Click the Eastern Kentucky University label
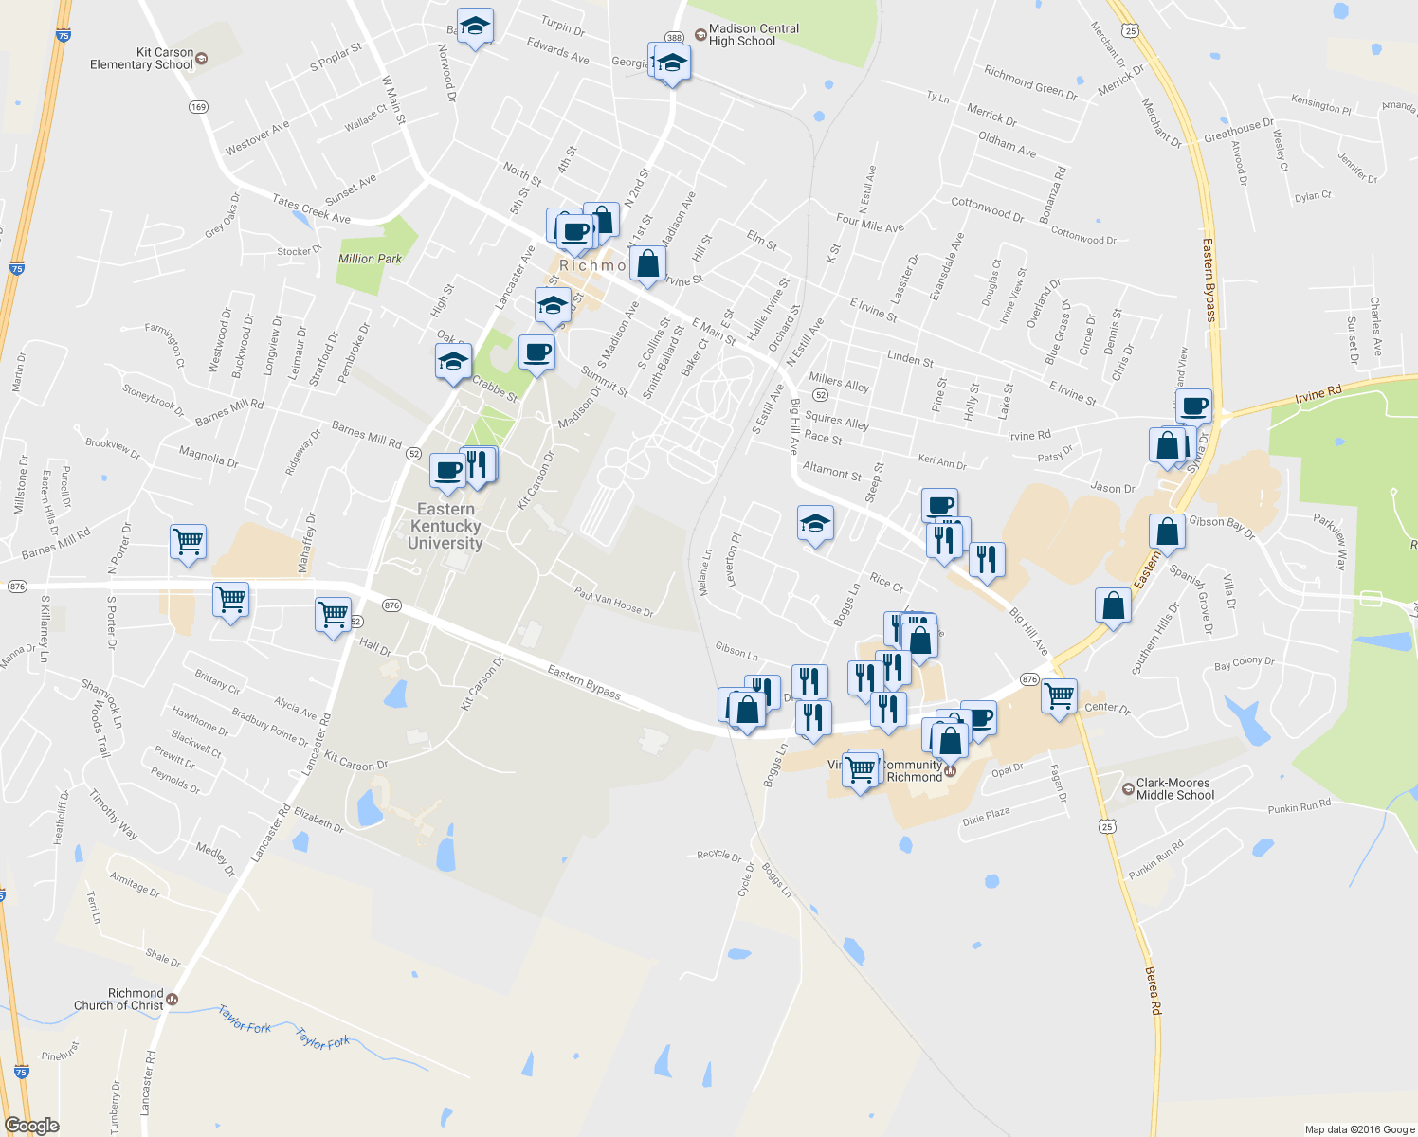445,526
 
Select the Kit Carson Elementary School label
142,59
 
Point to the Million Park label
370,259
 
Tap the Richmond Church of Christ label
119,1000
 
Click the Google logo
31,1126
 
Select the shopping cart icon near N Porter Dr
188,542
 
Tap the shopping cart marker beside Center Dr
1058,695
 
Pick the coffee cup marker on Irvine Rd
1194,406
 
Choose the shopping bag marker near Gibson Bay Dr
1167,532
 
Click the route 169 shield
198,107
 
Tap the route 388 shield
673,38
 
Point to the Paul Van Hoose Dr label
614,601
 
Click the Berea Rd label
1153,990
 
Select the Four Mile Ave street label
870,224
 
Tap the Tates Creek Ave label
311,208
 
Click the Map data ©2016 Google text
1359,1129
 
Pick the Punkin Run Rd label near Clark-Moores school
1299,806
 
